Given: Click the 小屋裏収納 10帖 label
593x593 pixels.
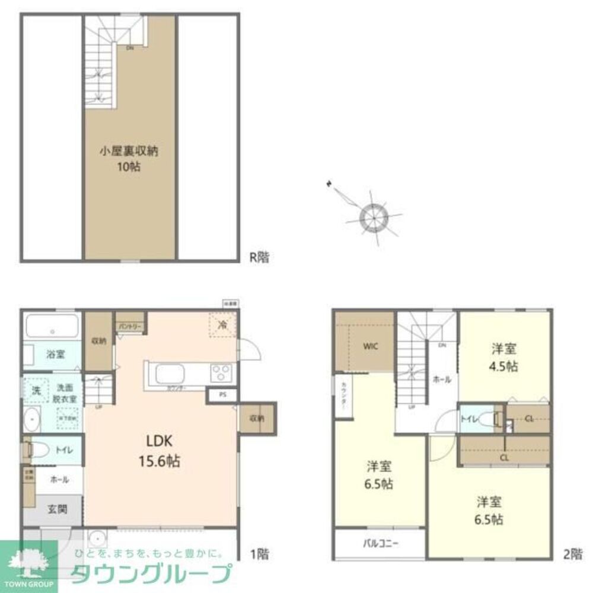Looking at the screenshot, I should pos(129,159).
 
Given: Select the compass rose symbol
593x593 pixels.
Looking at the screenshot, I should pos(373,215).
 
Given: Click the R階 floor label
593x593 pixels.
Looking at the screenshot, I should pos(259,257).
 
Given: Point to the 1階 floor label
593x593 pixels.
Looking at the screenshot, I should pos(259,554).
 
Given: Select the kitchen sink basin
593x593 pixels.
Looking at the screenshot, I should pos(171,374).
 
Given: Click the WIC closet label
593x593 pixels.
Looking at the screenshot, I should pos(366,346).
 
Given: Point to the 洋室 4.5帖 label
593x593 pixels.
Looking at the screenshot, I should pos(504,356).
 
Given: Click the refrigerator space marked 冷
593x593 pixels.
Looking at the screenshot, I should pos(222,325).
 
